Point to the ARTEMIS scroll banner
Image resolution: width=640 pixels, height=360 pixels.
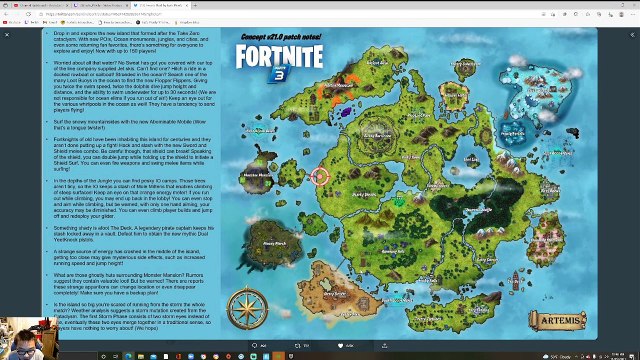click(x=560, y=320)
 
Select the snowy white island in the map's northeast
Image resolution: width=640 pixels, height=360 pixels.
click(x=512, y=131)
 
